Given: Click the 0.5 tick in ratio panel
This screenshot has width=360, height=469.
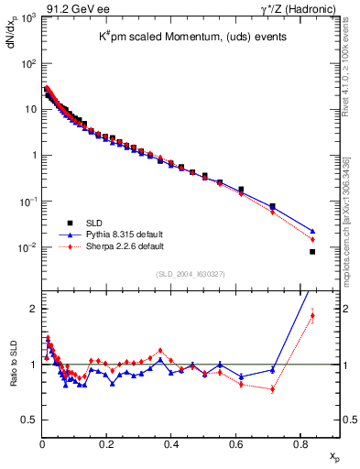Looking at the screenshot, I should (28, 420).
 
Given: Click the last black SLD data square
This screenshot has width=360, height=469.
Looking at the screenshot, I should (312, 252).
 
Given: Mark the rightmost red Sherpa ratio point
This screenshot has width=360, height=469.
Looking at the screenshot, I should (312, 316).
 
